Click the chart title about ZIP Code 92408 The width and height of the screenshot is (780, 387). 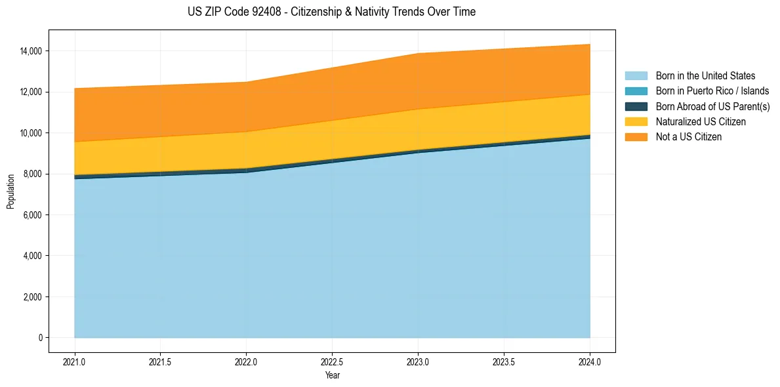[x=331, y=12]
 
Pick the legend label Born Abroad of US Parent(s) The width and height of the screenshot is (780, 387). [x=712, y=106]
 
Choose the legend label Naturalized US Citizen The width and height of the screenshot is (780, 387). [x=701, y=122]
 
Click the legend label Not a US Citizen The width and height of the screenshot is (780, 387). [x=689, y=137]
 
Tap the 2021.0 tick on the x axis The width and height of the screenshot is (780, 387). [x=75, y=361]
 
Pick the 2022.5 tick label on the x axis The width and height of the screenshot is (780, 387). [x=332, y=361]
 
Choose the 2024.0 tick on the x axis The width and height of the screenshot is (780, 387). [x=590, y=361]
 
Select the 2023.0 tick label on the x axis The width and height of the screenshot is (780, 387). [x=418, y=361]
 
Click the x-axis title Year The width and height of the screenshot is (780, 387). [x=332, y=376]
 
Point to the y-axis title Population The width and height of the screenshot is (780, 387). [x=10, y=192]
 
